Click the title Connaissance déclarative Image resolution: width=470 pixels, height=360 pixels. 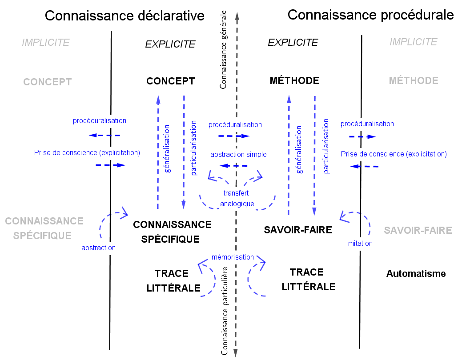tap(125, 16)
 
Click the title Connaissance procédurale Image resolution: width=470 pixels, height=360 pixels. tap(370, 15)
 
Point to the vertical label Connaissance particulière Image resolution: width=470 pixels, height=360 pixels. tap(225, 311)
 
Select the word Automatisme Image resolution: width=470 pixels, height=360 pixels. tap(416, 274)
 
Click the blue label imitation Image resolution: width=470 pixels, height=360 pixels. tap(359, 243)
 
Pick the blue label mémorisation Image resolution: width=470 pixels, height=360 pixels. tap(233, 257)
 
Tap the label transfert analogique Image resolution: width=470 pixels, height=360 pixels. tap(237, 199)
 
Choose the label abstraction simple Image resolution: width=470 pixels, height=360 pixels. tap(238, 155)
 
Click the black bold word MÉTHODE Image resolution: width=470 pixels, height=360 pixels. tap(294, 81)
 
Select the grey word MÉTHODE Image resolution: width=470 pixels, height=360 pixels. tap(414, 81)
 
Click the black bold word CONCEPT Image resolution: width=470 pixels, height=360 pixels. tap(170, 81)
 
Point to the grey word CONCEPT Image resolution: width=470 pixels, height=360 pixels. tap(48, 82)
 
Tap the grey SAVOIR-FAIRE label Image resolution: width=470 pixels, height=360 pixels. tap(418, 231)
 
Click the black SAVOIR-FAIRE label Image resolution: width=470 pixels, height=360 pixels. tap(298, 230)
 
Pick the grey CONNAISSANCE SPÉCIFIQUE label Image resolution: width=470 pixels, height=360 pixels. tap(44, 228)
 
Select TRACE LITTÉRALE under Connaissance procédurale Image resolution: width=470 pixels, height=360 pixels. tap(308, 280)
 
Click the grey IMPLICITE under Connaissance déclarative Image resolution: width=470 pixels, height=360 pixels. tap(46, 43)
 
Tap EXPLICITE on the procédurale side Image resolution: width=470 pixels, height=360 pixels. tap(293, 43)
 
